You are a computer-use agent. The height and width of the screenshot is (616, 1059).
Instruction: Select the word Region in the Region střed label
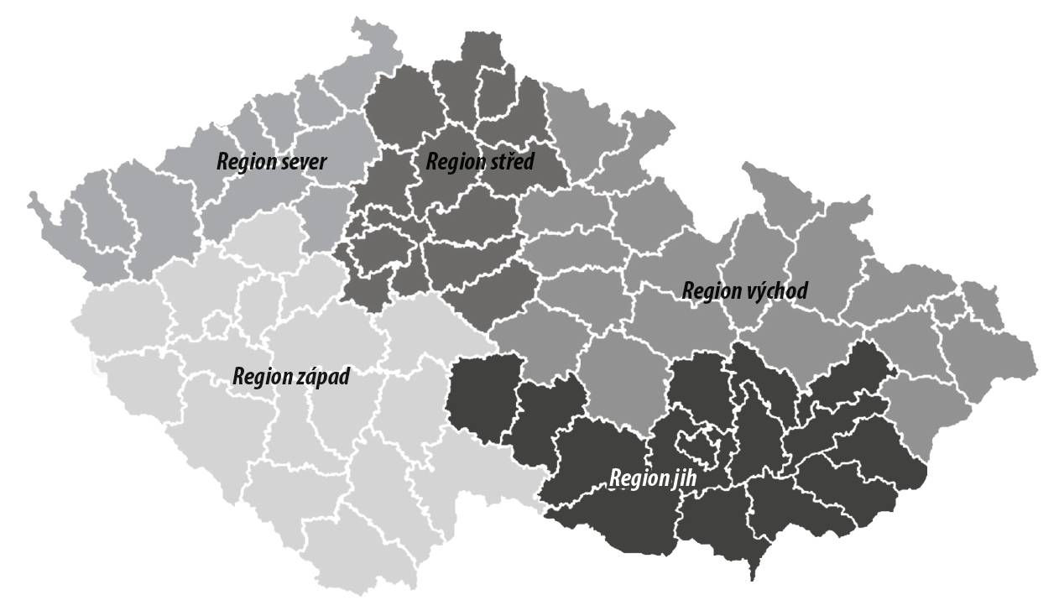(x=454, y=161)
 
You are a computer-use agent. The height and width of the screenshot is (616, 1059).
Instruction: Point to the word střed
(x=509, y=161)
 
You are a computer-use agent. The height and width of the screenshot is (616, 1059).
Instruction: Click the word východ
(x=775, y=291)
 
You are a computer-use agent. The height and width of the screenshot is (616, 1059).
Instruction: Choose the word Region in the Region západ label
(x=260, y=376)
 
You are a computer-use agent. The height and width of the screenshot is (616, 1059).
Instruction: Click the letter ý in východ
(x=759, y=291)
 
